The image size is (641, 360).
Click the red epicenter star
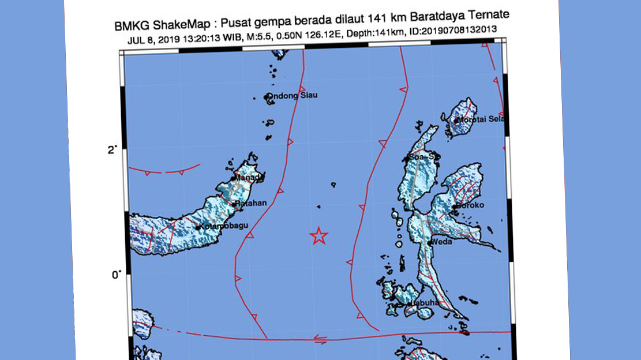point(318,235)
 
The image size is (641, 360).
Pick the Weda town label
point(441,241)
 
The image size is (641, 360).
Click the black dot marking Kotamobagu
point(198,228)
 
